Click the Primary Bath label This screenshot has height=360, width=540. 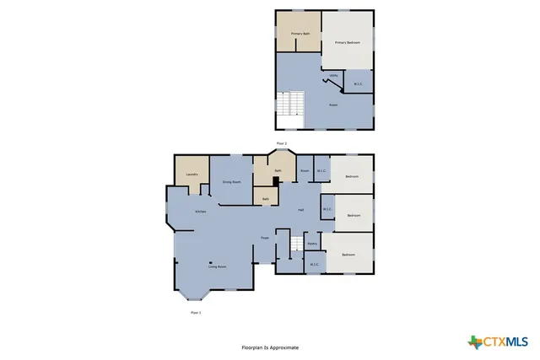300,34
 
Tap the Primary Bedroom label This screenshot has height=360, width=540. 347,42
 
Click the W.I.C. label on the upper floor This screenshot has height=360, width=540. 358,83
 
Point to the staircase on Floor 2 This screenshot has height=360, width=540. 292,105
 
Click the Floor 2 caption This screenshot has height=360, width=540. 282,144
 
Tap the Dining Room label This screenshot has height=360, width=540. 231,182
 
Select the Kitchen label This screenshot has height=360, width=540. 201,212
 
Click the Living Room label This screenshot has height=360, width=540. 216,266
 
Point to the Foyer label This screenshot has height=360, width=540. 264,239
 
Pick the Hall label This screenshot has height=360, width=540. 300,210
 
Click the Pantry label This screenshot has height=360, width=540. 312,244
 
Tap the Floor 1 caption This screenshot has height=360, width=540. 196,313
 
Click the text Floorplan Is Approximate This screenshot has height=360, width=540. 270,347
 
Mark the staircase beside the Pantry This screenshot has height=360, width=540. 296,244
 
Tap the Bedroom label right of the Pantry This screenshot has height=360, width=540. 348,255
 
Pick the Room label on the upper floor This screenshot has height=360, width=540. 333,105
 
